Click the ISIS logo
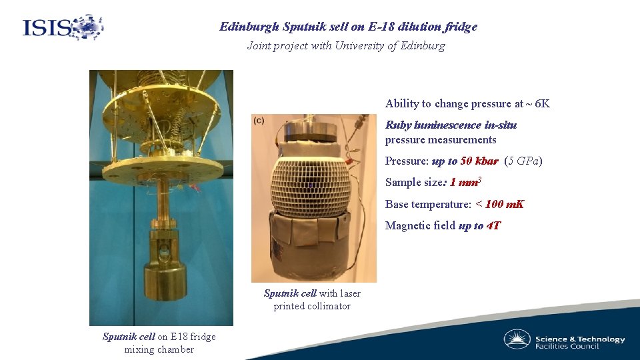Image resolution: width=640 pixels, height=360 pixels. tap(63, 27)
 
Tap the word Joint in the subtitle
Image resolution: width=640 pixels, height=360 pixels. tap(259, 46)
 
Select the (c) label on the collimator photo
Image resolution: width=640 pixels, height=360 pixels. tap(258, 120)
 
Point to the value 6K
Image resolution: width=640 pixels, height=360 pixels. tap(542, 104)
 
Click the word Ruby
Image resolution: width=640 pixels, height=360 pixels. tap(399, 125)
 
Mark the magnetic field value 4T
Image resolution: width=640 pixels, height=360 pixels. tap(494, 226)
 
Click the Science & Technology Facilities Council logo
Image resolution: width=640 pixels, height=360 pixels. tap(564, 340)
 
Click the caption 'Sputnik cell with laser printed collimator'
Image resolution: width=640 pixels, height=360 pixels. tap(312, 299)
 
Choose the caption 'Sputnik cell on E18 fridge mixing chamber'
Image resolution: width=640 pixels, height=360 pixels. tap(159, 343)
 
